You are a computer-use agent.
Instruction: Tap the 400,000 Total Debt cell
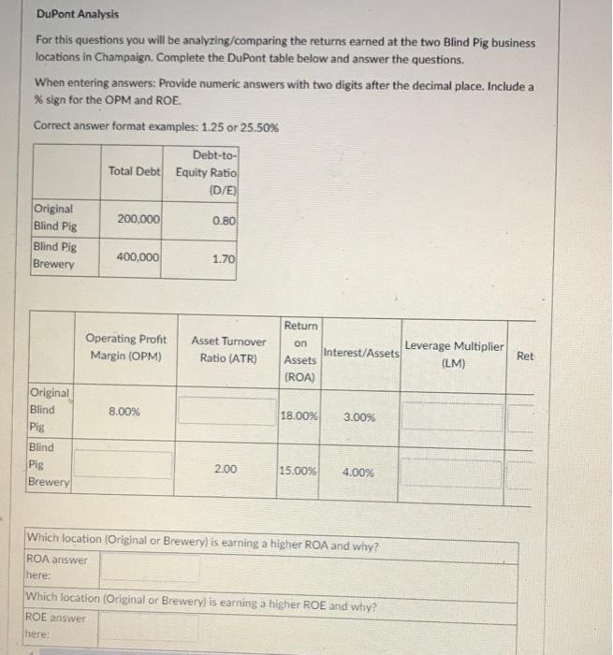click(139, 256)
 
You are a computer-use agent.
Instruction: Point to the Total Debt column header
click(135, 171)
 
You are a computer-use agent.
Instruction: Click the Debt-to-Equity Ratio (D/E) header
click(206, 171)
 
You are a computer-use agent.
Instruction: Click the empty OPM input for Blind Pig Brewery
click(124, 465)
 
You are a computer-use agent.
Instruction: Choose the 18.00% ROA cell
click(299, 415)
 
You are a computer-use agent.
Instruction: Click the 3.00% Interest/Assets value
click(359, 416)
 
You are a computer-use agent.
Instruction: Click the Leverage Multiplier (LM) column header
click(453, 355)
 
